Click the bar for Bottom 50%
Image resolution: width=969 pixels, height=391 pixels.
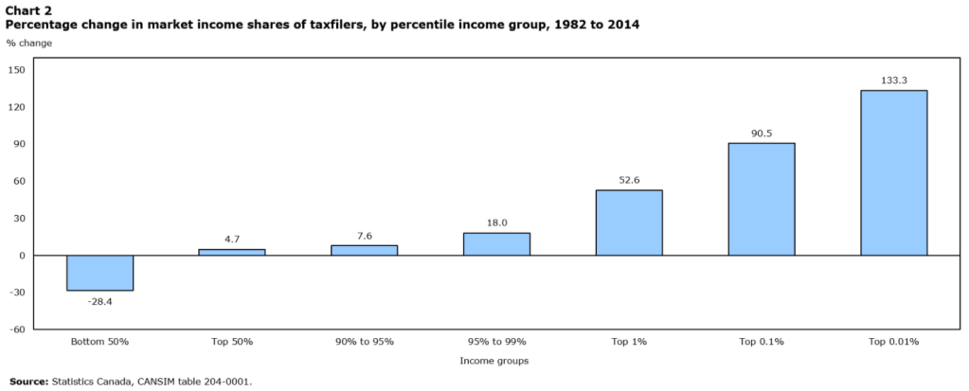pos(99,273)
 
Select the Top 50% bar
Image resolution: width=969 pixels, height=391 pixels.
pos(231,252)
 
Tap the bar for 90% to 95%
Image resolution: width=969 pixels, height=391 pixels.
pos(364,250)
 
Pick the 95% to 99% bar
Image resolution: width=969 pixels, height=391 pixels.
pos(496,243)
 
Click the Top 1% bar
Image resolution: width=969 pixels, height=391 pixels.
pos(629,222)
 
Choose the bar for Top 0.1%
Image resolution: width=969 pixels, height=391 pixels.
pos(762,199)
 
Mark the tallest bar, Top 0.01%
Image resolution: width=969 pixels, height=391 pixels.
pos(893,172)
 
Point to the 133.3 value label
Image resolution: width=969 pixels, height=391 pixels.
pos(893,80)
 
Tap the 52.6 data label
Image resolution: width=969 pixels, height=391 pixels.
pos(629,181)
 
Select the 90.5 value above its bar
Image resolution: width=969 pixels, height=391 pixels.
pos(762,133)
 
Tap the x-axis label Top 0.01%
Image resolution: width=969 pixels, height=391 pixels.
pos(893,341)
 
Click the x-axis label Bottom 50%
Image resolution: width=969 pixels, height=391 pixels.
pos(99,341)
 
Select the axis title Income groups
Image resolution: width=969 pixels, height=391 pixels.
pos(493,361)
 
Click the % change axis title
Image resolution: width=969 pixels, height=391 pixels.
pos(29,44)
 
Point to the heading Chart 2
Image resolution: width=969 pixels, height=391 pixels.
pos(28,9)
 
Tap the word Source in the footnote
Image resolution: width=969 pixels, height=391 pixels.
pos(28,382)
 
